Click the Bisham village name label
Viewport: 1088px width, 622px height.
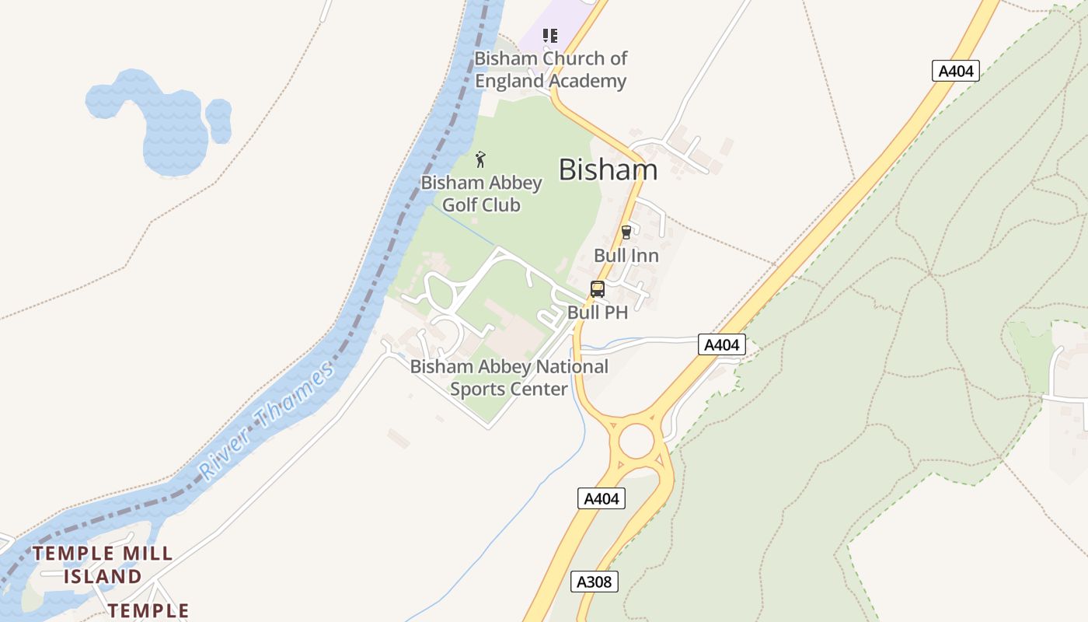pyautogui.click(x=608, y=169)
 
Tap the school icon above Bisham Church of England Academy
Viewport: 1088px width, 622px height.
pyautogui.click(x=550, y=35)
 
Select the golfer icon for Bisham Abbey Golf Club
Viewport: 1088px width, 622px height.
pyautogui.click(x=481, y=160)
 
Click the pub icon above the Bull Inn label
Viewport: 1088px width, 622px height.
pyautogui.click(x=626, y=232)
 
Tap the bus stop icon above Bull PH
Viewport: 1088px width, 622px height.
pyautogui.click(x=597, y=289)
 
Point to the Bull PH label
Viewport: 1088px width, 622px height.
pyautogui.click(x=597, y=313)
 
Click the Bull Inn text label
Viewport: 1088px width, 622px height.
pyautogui.click(x=626, y=255)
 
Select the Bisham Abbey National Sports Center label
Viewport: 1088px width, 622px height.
pyautogui.click(x=509, y=377)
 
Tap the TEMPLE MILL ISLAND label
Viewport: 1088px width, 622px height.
pyautogui.click(x=103, y=565)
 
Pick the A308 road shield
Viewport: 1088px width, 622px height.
pyautogui.click(x=595, y=581)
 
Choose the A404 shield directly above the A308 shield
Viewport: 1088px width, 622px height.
pyautogui.click(x=602, y=498)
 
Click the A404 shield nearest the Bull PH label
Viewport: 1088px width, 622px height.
pyautogui.click(x=722, y=344)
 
